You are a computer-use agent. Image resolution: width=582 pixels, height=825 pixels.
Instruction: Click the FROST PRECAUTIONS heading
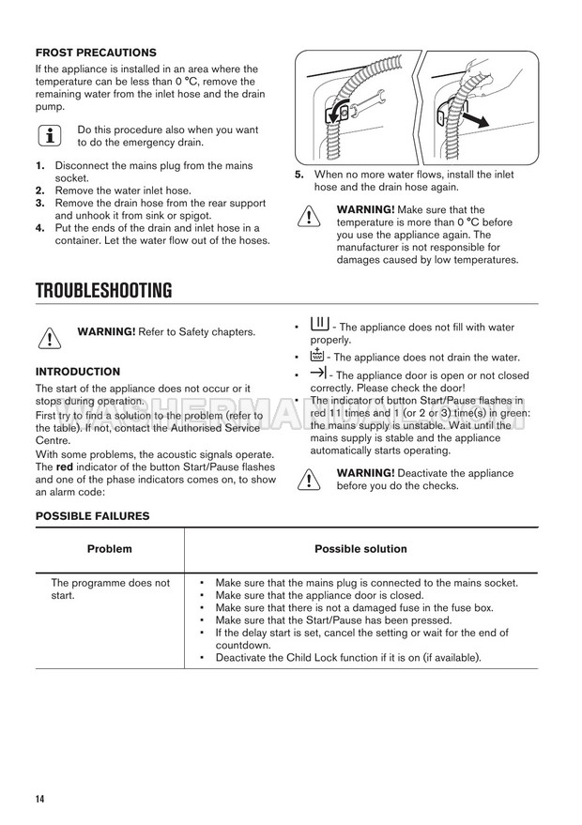96,53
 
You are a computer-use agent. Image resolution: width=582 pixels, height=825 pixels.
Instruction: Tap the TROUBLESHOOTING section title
103,291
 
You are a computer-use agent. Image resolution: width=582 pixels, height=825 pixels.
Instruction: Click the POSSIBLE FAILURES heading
92,515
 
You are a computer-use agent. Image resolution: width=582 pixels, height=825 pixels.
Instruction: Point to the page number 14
40,799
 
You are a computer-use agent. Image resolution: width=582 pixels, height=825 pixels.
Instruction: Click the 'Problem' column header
110,549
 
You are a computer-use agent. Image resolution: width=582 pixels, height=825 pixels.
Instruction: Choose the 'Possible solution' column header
360,549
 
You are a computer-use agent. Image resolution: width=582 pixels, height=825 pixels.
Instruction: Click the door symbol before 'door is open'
317,374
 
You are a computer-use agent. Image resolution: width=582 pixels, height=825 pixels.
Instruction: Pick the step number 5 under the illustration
299,175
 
